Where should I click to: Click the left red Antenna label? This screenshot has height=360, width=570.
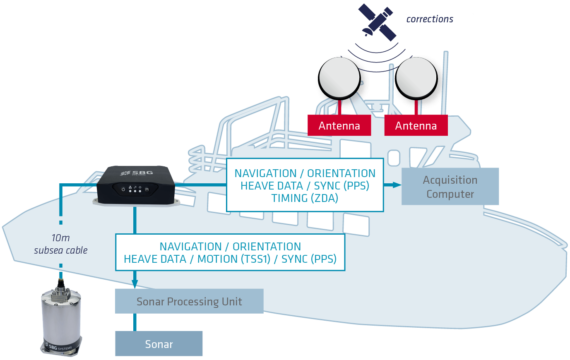click(335, 127)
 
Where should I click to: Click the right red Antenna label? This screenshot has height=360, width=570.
click(415, 127)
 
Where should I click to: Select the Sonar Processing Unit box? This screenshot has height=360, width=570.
click(189, 300)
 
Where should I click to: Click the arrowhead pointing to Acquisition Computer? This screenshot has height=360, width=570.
click(398, 185)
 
